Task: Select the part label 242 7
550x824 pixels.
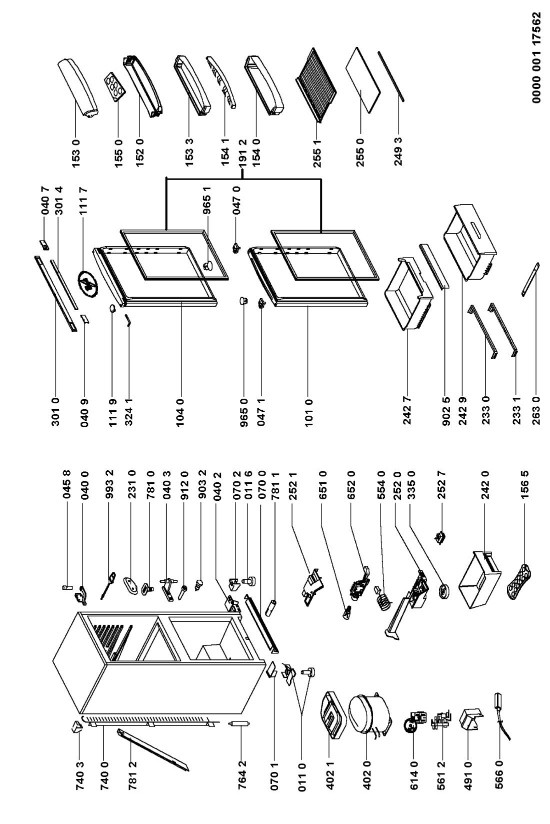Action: point(407,410)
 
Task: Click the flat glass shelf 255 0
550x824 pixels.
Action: point(362,80)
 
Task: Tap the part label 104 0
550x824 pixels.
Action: point(180,410)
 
